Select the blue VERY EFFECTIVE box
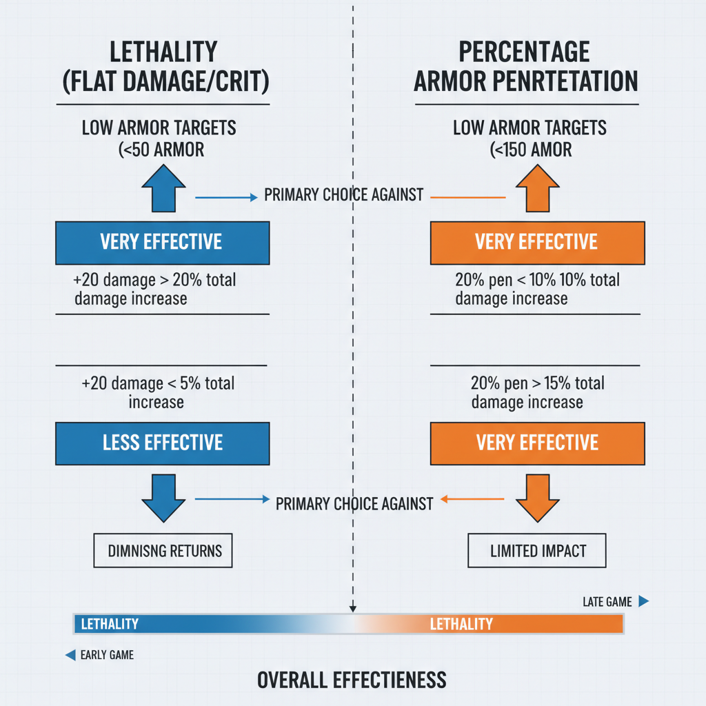162,242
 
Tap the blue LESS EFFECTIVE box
162,442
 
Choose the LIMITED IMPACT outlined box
537,551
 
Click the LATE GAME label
607,602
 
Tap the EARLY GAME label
107,655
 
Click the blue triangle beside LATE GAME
643,601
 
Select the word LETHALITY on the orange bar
461,625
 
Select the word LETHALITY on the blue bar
110,625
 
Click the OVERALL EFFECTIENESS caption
352,680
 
